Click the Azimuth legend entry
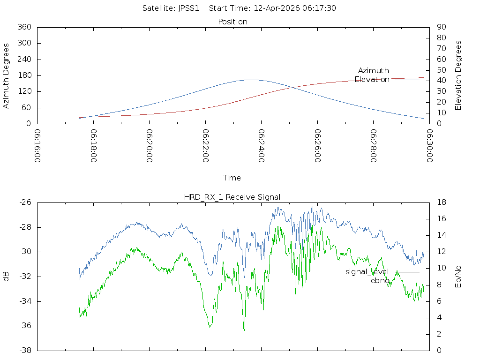[389, 71]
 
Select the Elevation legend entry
[387, 80]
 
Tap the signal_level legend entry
[382, 272]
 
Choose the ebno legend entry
[395, 281]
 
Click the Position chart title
[232, 22]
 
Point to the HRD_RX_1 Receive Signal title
[232, 197]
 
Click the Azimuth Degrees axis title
[6, 76]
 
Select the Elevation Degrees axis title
[458, 75]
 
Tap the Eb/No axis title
[458, 277]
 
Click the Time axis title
[232, 178]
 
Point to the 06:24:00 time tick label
[262, 146]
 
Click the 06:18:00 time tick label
[94, 146]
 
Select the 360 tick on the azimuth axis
[24, 27]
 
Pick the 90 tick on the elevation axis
[442, 27]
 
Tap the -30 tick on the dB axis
[25, 252]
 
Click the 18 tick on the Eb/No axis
[442, 202]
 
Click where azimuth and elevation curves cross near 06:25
[293, 88]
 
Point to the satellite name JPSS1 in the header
[188, 8]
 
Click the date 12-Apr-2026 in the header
[277, 8]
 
